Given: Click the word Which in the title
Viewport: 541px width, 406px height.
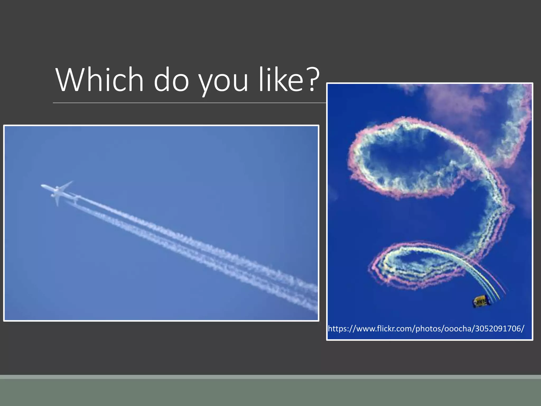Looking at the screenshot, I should tap(99, 80).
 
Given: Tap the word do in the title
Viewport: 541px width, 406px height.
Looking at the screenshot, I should tap(171, 80).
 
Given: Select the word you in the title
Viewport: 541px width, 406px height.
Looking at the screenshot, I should tap(223, 82).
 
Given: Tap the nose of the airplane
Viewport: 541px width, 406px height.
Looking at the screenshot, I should tap(42, 186).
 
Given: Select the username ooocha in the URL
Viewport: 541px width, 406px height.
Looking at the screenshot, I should tap(458, 329).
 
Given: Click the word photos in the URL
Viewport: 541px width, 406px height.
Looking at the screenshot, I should tap(428, 329).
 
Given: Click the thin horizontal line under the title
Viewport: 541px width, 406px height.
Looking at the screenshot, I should tap(185, 103).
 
